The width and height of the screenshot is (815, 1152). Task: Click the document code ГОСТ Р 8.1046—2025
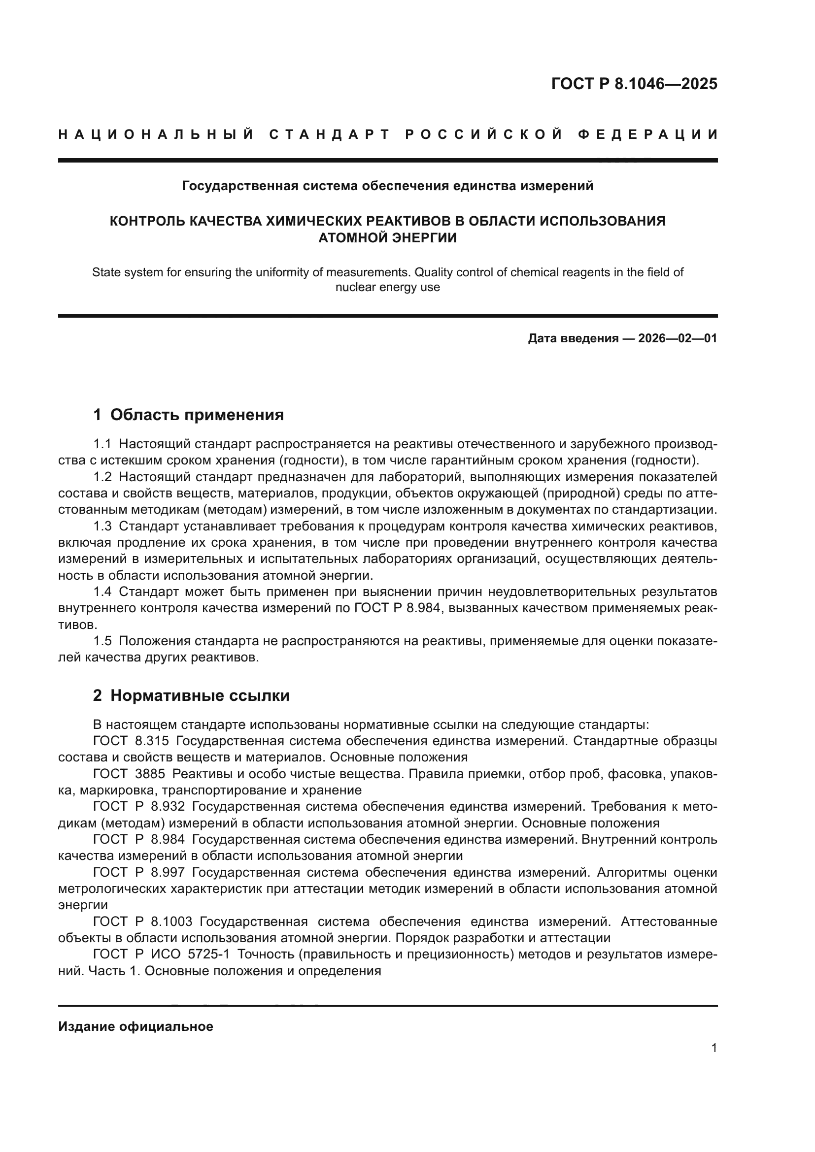pos(634,84)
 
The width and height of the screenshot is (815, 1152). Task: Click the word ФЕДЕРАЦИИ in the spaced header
pos(647,134)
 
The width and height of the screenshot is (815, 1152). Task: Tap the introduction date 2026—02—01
pos(678,338)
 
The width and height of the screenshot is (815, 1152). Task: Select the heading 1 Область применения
pos(188,415)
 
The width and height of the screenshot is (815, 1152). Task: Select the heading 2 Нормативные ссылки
pos(191,695)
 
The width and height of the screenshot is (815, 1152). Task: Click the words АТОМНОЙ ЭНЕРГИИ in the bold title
pos(387,238)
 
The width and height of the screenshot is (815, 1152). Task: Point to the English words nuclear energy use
pos(387,288)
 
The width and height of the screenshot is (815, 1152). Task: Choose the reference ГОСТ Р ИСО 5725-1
pos(161,955)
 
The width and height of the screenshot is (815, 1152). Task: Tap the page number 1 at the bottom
pos(713,1048)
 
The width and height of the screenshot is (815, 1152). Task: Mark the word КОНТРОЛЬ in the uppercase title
pos(141,221)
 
